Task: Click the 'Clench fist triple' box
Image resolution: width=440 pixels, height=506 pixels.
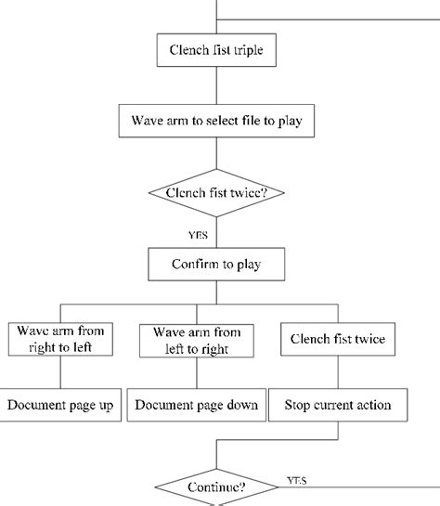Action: [x=216, y=50]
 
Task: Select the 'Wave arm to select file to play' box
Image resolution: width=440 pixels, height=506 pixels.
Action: [x=216, y=121]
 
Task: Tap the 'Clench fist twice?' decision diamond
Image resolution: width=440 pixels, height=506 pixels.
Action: [x=216, y=193]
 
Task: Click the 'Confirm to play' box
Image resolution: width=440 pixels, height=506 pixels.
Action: [x=216, y=265]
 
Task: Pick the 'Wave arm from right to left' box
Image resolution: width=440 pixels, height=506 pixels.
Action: [x=60, y=340]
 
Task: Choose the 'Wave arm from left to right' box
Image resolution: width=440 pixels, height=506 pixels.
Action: [x=196, y=340]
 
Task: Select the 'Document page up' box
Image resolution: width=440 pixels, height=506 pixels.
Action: [x=60, y=405]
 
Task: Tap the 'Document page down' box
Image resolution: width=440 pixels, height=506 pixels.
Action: [x=196, y=405]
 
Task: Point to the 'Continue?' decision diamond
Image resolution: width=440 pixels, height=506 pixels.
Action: [x=216, y=486]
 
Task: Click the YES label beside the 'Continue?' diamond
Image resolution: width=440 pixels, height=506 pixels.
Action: [x=298, y=481]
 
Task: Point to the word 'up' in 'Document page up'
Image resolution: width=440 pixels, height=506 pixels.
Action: [x=106, y=405]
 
